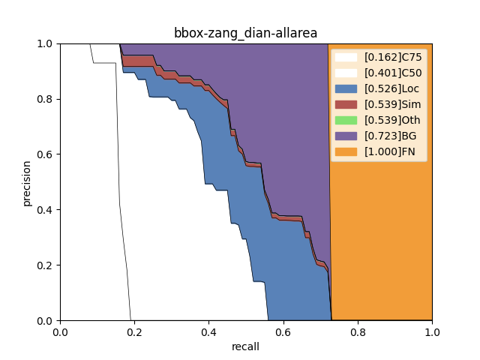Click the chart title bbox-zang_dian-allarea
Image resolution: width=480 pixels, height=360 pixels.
tap(246, 33)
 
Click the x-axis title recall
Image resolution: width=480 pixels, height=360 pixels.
tap(246, 346)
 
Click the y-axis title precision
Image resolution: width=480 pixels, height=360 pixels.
tap(27, 182)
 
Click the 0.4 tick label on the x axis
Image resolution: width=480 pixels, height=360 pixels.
tap(208, 332)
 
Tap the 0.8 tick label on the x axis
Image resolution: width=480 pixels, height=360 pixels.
tap(358, 332)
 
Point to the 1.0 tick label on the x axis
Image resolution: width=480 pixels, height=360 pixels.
tap(432, 332)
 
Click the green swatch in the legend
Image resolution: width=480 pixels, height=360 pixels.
tap(346, 120)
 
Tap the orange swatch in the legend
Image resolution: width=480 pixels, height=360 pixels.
tap(346, 151)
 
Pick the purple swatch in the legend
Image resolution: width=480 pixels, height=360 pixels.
tap(346, 136)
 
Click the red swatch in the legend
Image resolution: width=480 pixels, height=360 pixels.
tap(346, 104)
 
